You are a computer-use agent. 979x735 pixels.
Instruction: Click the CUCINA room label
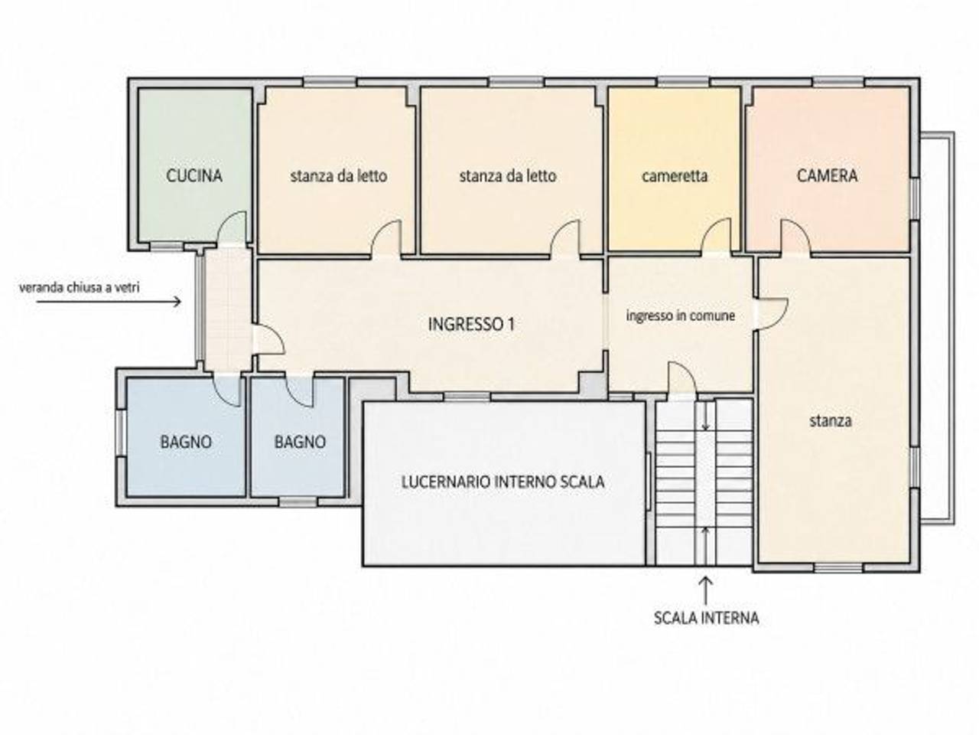[194, 175]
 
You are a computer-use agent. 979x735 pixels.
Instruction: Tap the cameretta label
[675, 176]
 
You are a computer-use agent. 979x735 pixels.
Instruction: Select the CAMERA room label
[827, 175]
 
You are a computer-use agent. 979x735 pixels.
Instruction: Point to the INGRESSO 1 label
[471, 324]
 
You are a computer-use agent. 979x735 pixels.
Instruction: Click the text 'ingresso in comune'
[681, 315]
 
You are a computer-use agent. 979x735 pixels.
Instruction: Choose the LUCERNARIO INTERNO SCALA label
[503, 482]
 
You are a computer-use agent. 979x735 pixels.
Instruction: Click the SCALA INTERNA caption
[707, 618]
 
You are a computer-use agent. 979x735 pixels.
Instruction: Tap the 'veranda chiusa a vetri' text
[80, 287]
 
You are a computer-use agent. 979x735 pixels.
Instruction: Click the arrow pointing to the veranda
[109, 302]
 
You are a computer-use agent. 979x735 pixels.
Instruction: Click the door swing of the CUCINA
[232, 227]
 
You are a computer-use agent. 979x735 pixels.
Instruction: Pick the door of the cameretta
[717, 235]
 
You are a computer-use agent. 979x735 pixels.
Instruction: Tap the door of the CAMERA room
[795, 236]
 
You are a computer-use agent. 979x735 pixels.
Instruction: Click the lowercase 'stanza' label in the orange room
[831, 420]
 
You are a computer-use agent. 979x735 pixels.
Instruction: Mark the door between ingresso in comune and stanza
[771, 314]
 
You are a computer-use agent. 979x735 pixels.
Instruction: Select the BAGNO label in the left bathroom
[186, 442]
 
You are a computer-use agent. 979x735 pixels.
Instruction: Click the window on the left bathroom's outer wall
[120, 433]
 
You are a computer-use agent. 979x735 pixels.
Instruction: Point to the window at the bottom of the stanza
[838, 567]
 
